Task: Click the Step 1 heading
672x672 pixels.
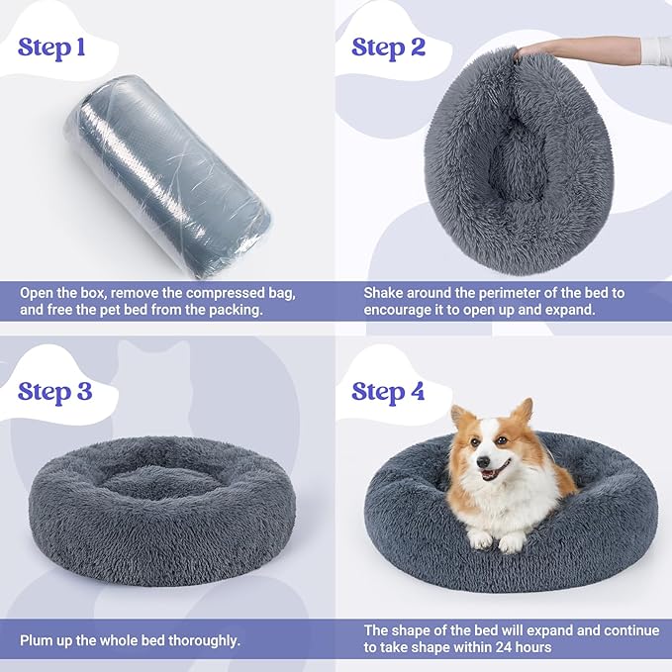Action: [x=58, y=48]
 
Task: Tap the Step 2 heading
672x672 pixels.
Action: [x=388, y=47]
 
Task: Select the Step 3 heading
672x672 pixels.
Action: [x=54, y=391]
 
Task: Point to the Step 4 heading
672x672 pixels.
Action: [x=388, y=391]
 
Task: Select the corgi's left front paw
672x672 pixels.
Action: [x=481, y=539]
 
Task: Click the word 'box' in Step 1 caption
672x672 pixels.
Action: [x=116, y=294]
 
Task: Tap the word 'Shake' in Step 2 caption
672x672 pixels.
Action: [x=384, y=294]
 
